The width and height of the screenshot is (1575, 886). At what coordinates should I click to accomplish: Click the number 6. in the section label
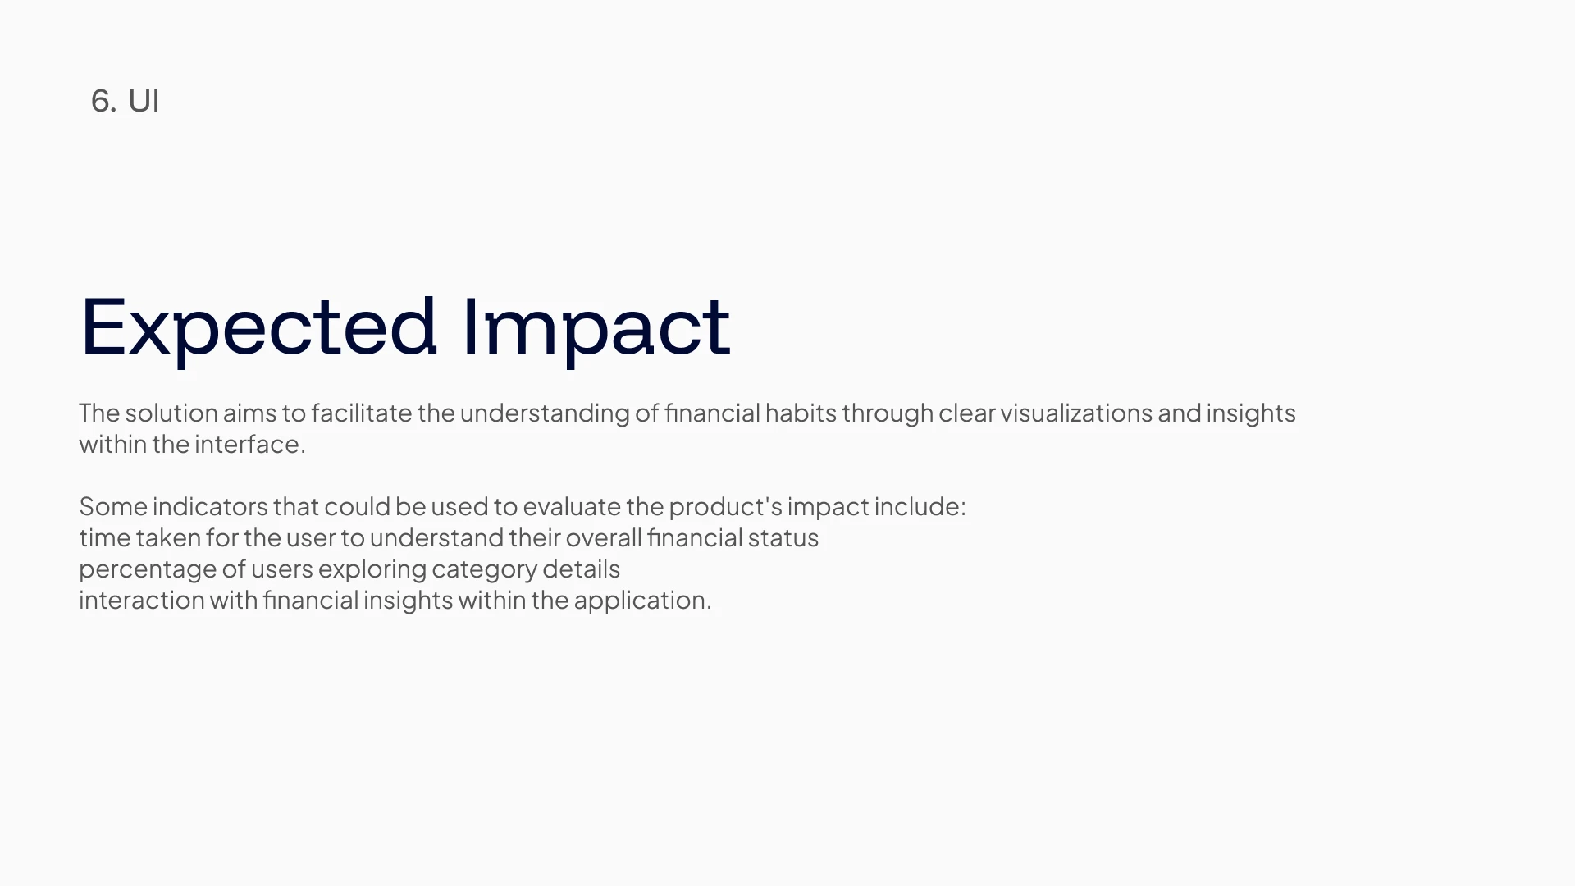tap(103, 101)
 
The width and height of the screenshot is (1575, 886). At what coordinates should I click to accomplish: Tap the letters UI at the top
tap(144, 101)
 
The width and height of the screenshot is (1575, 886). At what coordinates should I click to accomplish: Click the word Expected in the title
tap(258, 327)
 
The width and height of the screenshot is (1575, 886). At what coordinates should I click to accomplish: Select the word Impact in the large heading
tap(596, 327)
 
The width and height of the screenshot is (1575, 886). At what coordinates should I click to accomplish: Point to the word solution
tap(171, 413)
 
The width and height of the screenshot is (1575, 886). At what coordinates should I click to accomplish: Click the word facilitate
tap(361, 413)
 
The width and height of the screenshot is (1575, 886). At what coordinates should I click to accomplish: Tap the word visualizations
tap(1076, 413)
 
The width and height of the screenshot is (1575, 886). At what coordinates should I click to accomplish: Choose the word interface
tap(249, 444)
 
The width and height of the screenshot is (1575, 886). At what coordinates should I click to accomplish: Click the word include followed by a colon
tap(920, 506)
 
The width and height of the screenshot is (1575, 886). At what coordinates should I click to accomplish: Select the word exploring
tap(372, 569)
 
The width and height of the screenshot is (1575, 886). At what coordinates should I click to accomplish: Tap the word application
tap(642, 600)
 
